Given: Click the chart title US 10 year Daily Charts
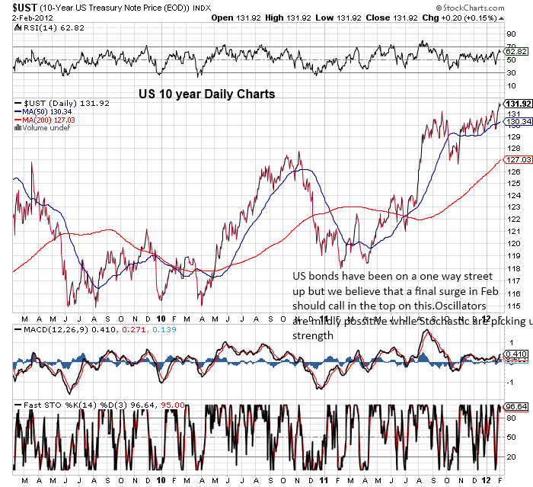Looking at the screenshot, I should tap(206, 95).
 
